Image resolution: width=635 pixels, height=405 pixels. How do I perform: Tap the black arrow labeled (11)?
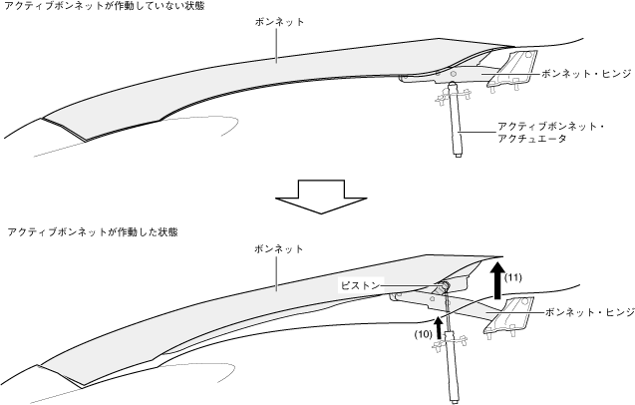[x=496, y=285]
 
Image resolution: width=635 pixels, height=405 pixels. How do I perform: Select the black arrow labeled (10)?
[x=437, y=322]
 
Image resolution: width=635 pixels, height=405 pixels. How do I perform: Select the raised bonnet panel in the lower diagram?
[x=249, y=299]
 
